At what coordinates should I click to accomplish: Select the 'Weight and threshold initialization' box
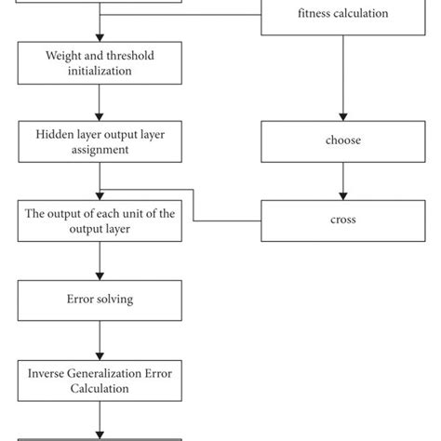click(x=100, y=63)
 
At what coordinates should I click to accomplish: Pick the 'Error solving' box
click(x=100, y=299)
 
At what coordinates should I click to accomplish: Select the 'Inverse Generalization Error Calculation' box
click(x=100, y=381)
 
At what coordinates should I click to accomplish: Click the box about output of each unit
click(x=100, y=221)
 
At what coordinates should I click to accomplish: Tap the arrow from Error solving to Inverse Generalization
click(x=100, y=339)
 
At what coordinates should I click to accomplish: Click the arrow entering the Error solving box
click(x=100, y=261)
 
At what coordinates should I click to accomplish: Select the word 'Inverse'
click(x=48, y=373)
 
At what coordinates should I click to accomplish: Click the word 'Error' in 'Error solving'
click(x=80, y=299)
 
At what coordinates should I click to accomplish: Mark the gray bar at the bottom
click(x=100, y=437)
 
